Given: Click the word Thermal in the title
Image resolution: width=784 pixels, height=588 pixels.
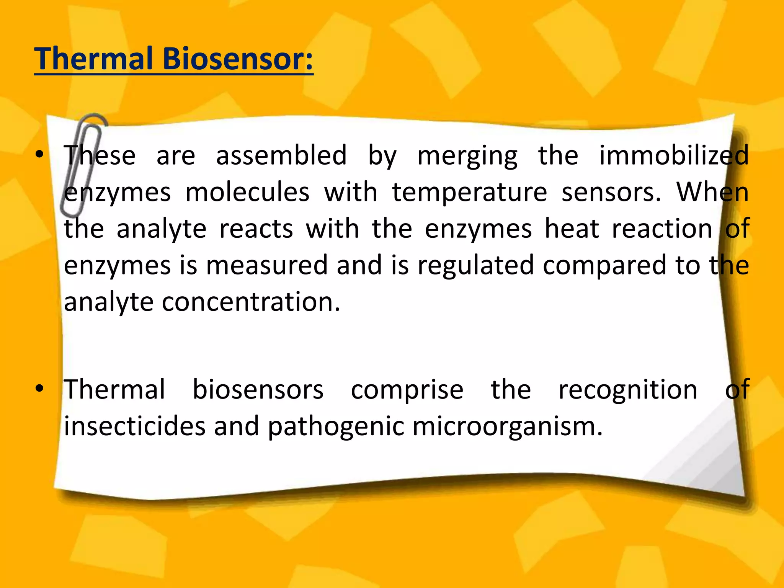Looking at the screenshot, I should pyautogui.click(x=94, y=59).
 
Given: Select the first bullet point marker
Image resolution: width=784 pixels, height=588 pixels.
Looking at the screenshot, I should pyautogui.click(x=39, y=155).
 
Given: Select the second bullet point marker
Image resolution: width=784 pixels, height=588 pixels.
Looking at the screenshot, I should pyautogui.click(x=39, y=389).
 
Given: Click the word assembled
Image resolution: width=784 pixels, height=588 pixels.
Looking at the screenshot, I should pyautogui.click(x=281, y=155).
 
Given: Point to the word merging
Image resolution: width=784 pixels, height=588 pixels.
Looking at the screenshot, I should pyautogui.click(x=467, y=156).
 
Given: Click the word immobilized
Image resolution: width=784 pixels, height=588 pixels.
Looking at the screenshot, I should pyautogui.click(x=674, y=155).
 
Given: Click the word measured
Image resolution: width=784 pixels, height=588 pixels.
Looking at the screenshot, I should pyautogui.click(x=267, y=265).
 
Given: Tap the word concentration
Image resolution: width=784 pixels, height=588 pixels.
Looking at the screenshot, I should pyautogui.click(x=251, y=302).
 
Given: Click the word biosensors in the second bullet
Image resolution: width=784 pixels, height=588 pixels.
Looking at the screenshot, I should pyautogui.click(x=258, y=390).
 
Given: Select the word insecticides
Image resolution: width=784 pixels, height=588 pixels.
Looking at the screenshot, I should pyautogui.click(x=134, y=426).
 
